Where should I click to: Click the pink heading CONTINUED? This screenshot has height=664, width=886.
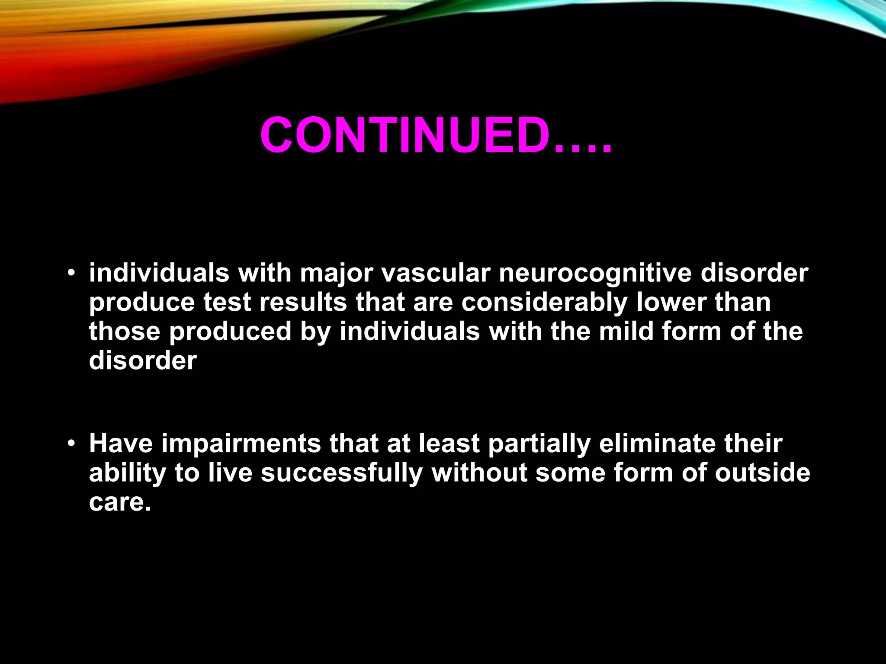click(x=404, y=135)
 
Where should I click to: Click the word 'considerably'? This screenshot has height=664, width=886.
click(x=544, y=303)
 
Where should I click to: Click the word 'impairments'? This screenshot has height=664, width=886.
click(x=241, y=444)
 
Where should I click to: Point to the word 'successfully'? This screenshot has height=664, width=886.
click(x=341, y=473)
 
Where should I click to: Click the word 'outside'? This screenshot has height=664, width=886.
click(x=762, y=472)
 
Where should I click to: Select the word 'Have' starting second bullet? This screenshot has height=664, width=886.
click(x=121, y=444)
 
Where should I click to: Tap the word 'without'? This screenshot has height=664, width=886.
click(x=479, y=472)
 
